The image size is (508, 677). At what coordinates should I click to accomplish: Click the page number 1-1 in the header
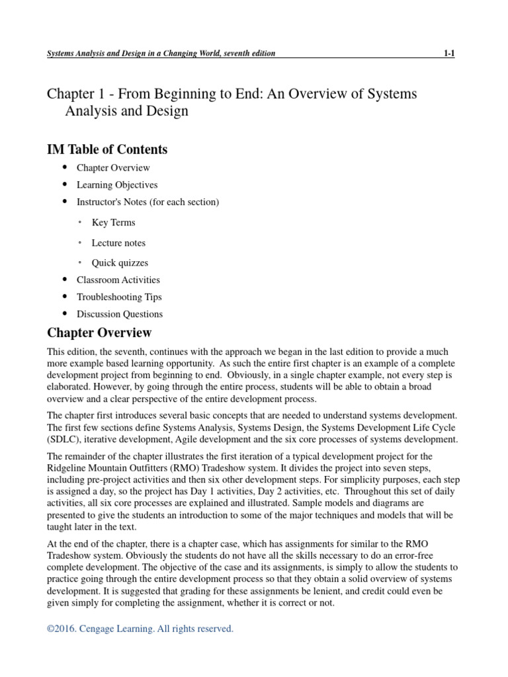[x=448, y=54]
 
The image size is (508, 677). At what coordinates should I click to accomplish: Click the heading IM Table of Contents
[x=106, y=149]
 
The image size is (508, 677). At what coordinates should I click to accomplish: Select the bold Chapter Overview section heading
[x=99, y=333]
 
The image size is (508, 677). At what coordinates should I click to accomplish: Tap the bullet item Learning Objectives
[x=116, y=185]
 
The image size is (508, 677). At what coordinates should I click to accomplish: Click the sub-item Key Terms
[x=113, y=223]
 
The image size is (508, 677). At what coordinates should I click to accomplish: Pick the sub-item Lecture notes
[x=118, y=243]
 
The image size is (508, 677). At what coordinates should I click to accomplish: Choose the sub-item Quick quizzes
[x=120, y=262]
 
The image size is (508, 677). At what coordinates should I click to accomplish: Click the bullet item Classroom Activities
[x=118, y=280]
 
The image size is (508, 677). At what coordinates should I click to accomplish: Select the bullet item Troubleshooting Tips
[x=119, y=297]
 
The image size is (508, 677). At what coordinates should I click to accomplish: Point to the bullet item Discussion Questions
[x=119, y=314]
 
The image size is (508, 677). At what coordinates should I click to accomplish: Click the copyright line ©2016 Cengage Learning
[x=140, y=629]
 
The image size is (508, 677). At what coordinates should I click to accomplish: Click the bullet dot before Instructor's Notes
[x=64, y=202]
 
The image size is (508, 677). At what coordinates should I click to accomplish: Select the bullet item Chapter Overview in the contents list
[x=112, y=168]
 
